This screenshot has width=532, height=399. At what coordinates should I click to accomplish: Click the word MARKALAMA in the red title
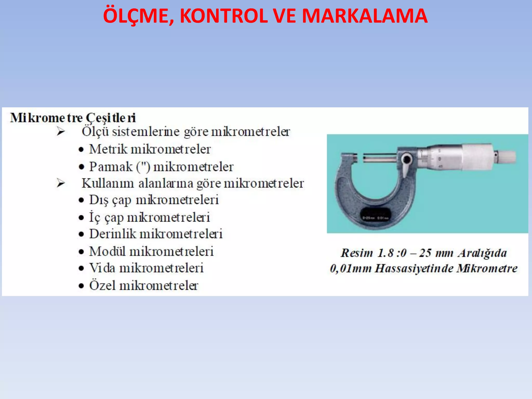(364, 16)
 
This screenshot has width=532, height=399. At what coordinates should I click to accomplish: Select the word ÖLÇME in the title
(138, 16)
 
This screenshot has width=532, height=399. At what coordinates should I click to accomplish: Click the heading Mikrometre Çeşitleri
(73, 118)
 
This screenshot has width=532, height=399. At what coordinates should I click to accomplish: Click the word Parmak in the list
(111, 167)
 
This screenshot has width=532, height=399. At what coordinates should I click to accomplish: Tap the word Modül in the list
(107, 251)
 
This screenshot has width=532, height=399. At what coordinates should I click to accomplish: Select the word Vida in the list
(102, 268)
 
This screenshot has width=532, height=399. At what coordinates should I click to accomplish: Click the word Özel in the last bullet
(102, 285)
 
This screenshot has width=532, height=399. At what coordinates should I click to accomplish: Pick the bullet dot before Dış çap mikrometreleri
(82, 200)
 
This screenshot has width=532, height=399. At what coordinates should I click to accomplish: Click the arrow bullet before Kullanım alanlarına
(61, 183)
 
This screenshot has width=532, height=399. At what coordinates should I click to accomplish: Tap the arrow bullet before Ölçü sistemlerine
(61, 132)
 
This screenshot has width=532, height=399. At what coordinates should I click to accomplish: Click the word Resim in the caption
(357, 253)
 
